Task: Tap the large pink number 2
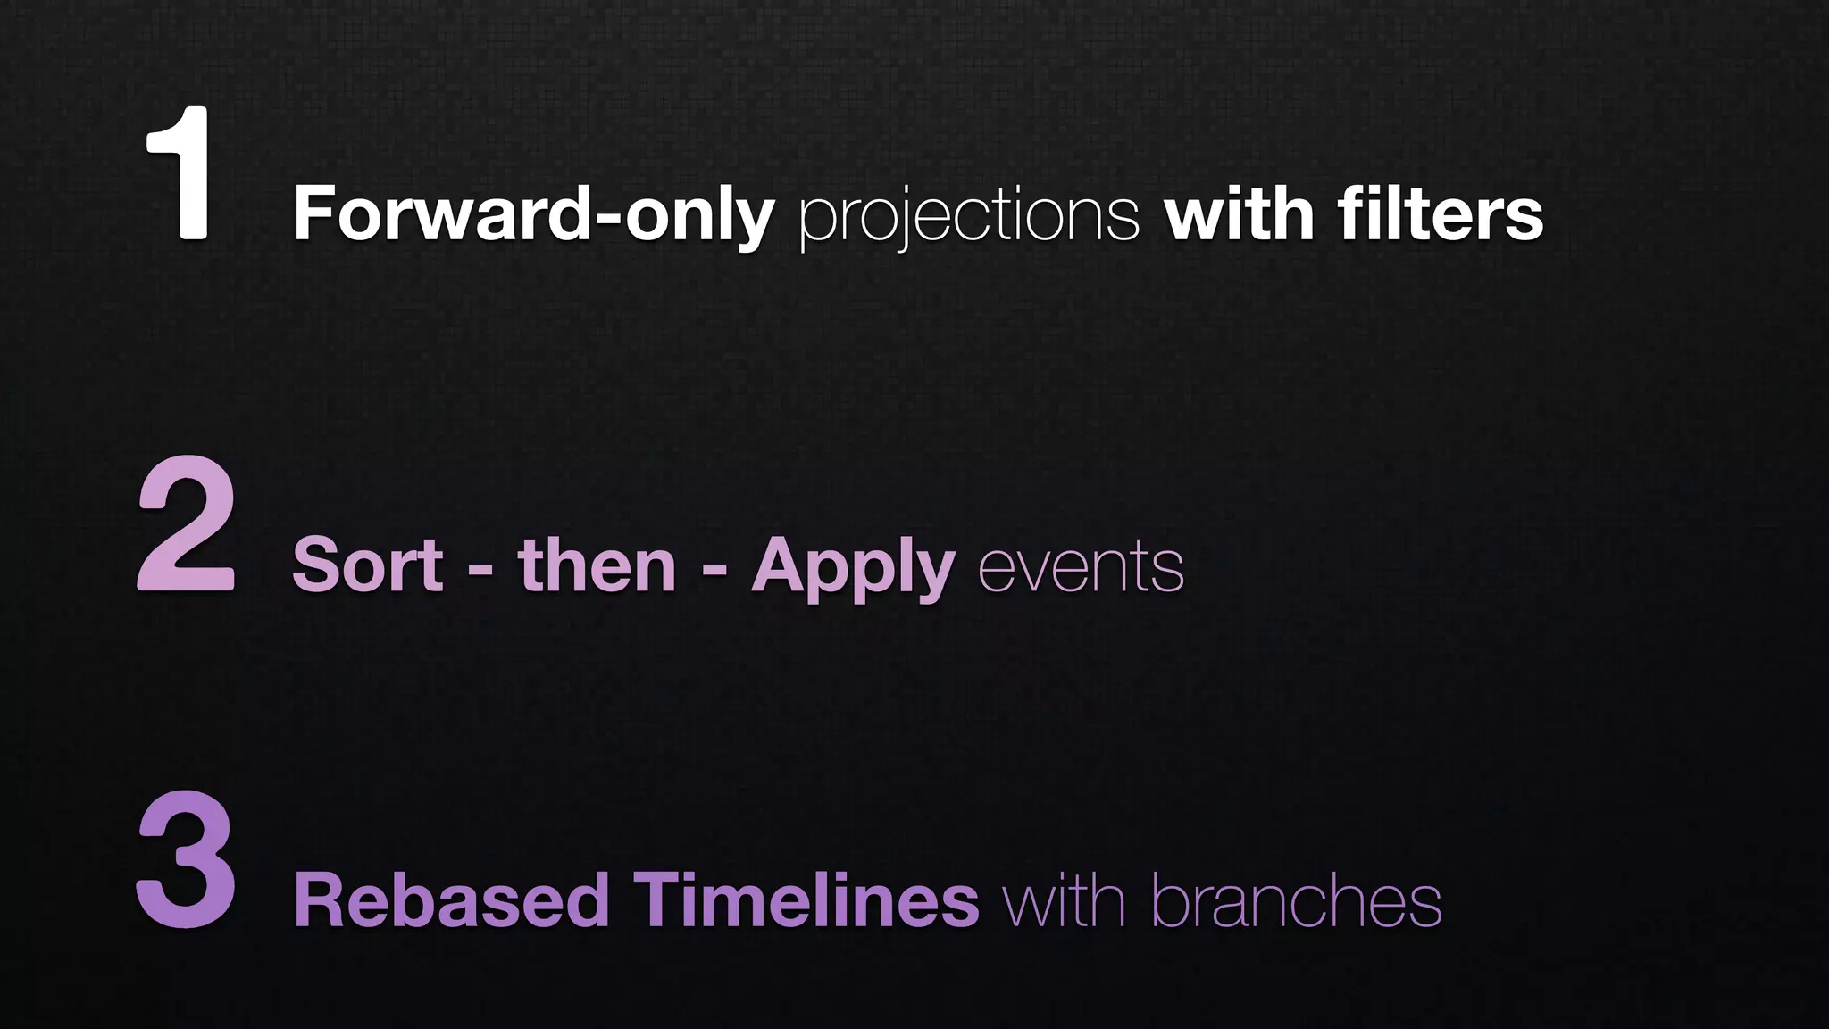point(187,524)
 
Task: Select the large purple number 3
point(187,859)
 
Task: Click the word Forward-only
point(533,215)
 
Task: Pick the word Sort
point(367,565)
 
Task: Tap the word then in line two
point(597,565)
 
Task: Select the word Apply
point(853,568)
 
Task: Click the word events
point(1082,568)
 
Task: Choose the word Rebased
point(451,900)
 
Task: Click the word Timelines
point(806,900)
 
